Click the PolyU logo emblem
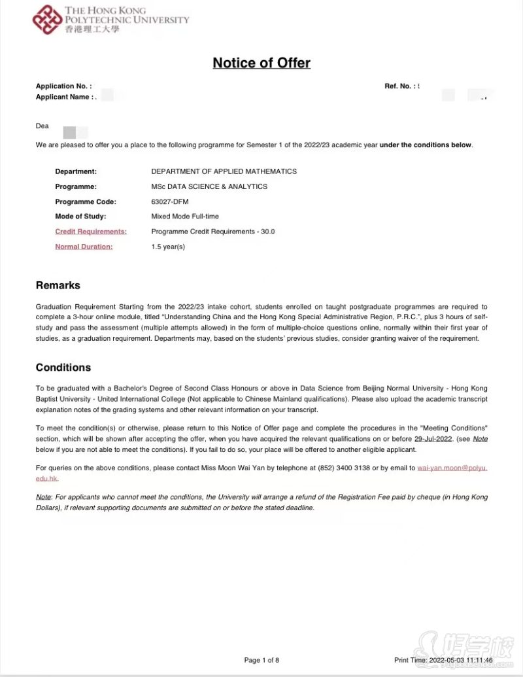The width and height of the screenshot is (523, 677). coord(47,20)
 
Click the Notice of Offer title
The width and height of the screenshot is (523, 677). coord(261,63)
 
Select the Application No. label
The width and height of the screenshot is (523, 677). coord(63,86)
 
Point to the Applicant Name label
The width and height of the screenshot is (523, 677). coord(64,97)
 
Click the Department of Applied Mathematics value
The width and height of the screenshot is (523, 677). coord(224,171)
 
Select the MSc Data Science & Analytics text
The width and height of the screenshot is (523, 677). coord(209,186)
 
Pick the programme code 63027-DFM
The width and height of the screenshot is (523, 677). coord(170,201)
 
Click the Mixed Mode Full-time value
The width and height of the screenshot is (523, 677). coord(185,217)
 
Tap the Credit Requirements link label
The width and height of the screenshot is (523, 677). coord(90,232)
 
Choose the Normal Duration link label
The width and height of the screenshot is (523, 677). coord(84,247)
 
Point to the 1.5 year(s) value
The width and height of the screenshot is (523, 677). coord(168,247)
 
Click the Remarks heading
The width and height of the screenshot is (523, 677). coord(58,285)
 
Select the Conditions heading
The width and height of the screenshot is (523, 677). coord(63,368)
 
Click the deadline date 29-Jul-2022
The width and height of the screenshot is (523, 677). coord(433,439)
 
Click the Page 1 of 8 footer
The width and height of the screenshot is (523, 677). coord(261,660)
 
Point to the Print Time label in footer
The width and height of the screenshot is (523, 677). coord(410,660)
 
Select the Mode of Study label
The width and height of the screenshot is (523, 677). coord(80,217)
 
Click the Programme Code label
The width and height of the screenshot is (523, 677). coord(86,201)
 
